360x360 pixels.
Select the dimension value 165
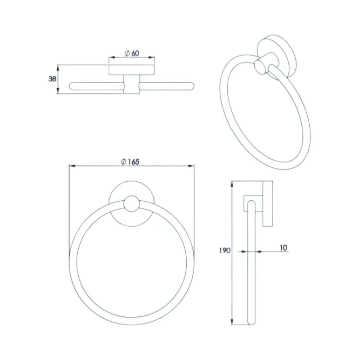[x=133, y=162]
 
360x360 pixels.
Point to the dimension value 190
[x=225, y=251]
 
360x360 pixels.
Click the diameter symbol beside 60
[x=127, y=53]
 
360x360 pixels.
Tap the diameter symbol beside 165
[x=123, y=162]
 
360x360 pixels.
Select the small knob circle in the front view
[x=131, y=204]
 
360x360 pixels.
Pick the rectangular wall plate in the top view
[x=131, y=70]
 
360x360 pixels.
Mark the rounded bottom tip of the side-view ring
[x=252, y=322]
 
